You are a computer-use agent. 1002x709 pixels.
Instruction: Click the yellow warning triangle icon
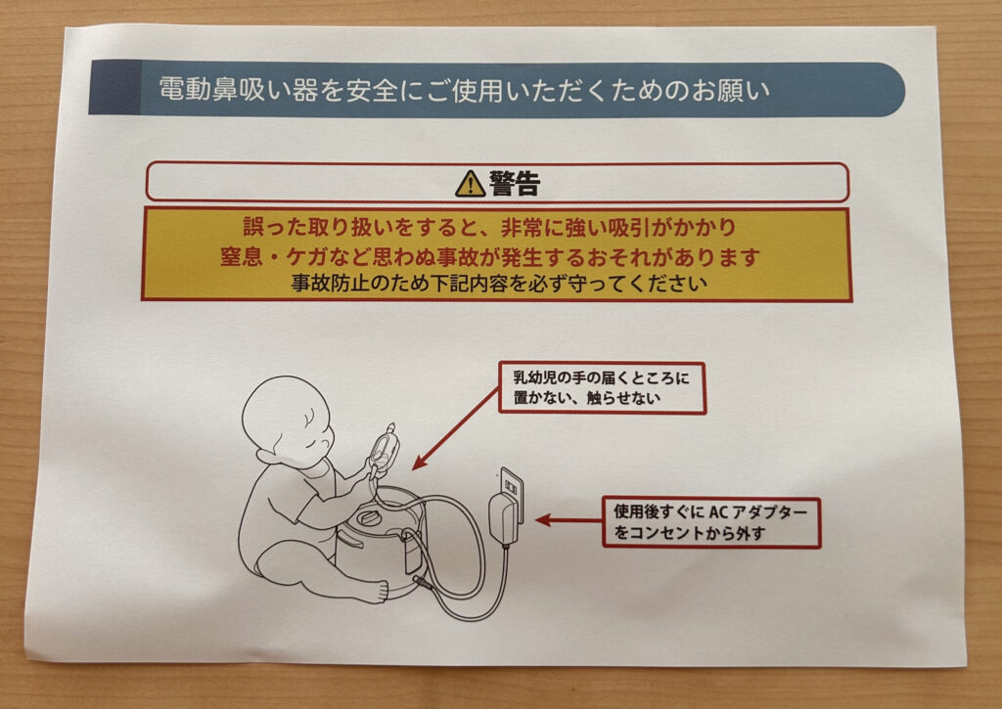click(x=471, y=183)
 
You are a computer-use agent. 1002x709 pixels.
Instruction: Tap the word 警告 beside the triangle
click(x=515, y=183)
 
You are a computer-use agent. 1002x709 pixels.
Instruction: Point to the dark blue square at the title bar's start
click(x=114, y=87)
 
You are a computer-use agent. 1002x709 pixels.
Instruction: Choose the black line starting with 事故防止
click(x=499, y=283)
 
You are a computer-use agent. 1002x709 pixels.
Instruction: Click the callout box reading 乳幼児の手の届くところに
click(x=602, y=387)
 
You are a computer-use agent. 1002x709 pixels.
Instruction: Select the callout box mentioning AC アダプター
click(x=711, y=522)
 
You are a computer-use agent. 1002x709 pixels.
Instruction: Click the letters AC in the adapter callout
click(x=718, y=511)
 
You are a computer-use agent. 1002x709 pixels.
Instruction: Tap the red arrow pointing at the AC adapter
click(x=569, y=520)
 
